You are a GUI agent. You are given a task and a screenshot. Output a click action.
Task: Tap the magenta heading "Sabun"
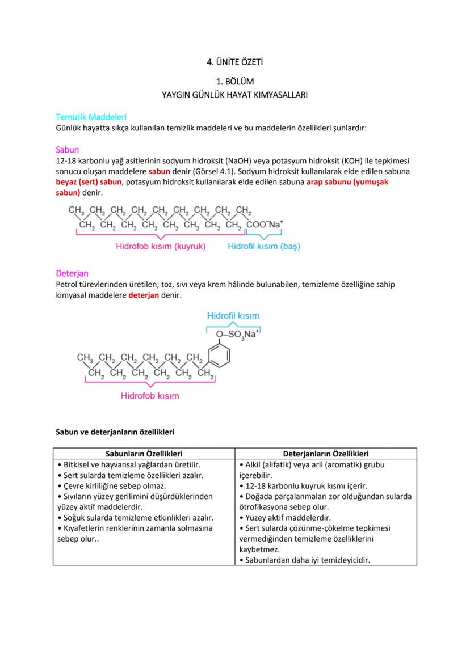coord(67,150)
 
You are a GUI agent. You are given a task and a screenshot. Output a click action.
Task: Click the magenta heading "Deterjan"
coord(72,273)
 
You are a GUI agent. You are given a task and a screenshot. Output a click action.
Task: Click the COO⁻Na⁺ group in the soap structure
coord(264,225)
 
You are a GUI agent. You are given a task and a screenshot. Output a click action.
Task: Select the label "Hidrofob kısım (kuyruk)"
coord(161,247)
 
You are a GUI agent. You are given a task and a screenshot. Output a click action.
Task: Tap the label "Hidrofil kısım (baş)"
coord(264,247)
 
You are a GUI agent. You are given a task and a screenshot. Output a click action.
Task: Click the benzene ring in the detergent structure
coord(220,356)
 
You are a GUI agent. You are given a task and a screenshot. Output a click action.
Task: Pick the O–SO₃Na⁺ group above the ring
coord(237,334)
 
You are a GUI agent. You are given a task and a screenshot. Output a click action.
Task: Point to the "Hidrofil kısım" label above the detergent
coord(233,315)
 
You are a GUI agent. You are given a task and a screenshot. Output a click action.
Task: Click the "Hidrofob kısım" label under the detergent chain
coord(150,395)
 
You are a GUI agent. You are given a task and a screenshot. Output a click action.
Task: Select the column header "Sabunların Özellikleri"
coord(144,454)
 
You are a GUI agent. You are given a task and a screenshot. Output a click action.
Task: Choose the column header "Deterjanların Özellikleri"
coord(326,454)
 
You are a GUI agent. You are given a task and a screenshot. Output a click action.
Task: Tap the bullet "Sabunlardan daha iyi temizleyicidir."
coord(305,560)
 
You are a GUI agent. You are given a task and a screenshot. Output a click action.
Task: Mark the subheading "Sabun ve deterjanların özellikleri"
coord(115,432)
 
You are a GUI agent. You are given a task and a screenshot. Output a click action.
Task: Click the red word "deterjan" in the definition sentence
coord(144,295)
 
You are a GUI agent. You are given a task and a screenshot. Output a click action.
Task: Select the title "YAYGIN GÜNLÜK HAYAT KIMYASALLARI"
coord(234,95)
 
